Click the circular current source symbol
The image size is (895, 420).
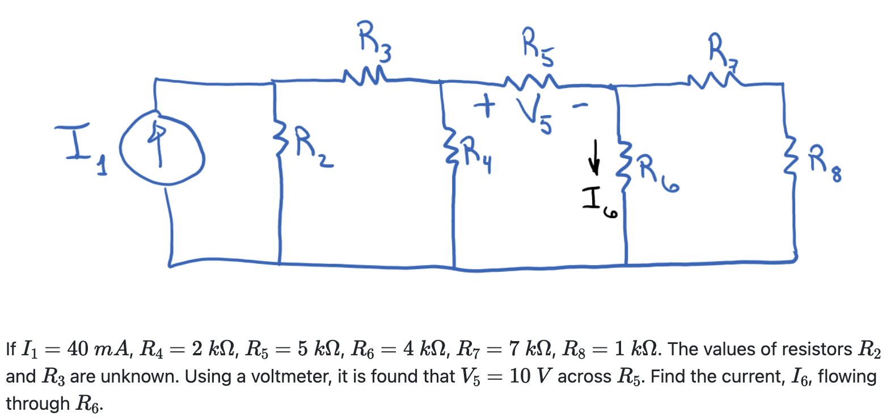tap(161, 150)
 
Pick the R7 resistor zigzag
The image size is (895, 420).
tap(712, 79)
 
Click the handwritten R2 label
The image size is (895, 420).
tap(311, 149)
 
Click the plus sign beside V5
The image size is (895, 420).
tap(484, 106)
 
